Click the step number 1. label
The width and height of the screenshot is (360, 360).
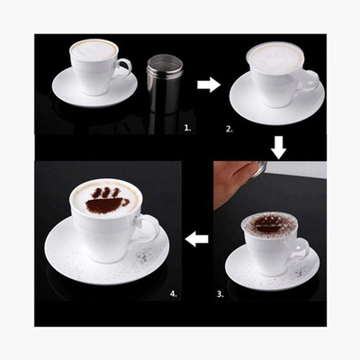pos(187,128)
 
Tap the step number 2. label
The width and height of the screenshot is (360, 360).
pos(229,130)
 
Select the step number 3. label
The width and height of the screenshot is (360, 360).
pos(220,294)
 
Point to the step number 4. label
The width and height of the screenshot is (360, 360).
pos(174,293)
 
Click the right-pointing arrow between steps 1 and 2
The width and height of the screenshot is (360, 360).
pos(209,85)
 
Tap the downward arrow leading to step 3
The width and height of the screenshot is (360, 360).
pos(280,148)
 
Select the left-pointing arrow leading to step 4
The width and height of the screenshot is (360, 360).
pos(197,238)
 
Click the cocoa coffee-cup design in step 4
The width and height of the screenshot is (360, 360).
pos(105,201)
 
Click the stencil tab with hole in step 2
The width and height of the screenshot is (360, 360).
pos(310,80)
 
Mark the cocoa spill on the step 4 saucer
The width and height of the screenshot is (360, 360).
pos(143,256)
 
